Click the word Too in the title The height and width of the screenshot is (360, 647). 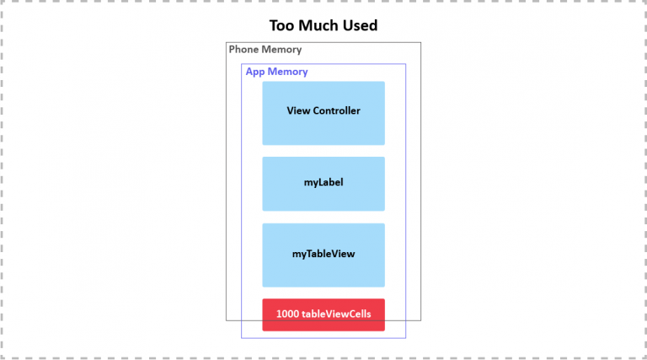282,25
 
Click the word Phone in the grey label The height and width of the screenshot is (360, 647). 243,50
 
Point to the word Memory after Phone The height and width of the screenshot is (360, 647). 281,50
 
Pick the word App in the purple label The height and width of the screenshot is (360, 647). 255,72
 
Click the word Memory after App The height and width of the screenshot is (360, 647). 287,72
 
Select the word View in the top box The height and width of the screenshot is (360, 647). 298,110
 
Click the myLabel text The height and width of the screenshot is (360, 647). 323,182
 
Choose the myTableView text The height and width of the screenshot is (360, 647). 323,254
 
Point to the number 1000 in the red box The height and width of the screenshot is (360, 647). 287,314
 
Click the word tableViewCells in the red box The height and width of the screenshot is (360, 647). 336,314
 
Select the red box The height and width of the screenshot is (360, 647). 323,314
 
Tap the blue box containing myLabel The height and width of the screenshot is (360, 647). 323,184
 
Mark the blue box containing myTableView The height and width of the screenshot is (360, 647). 323,255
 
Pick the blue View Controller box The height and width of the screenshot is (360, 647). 323,113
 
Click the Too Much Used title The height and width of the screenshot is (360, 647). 323,25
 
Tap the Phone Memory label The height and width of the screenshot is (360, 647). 265,50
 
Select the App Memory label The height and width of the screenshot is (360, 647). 277,73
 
